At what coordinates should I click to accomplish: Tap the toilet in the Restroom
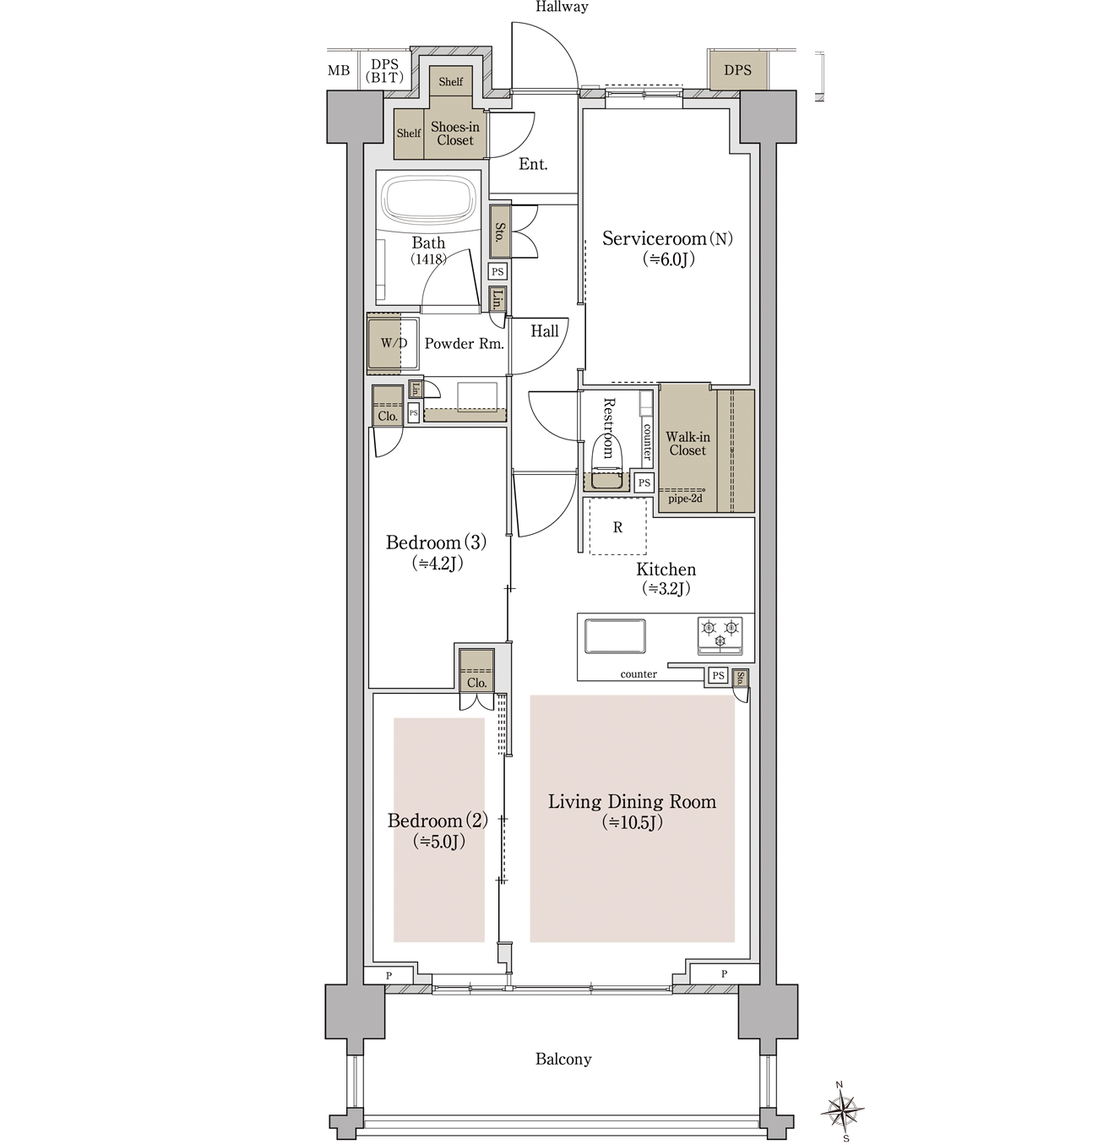pyautogui.click(x=605, y=459)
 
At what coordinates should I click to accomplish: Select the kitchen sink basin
pyautogui.click(x=615, y=635)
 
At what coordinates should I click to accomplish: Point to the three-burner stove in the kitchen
pyautogui.click(x=720, y=635)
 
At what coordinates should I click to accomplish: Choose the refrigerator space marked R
pyautogui.click(x=617, y=526)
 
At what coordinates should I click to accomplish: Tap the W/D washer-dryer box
pyautogui.click(x=393, y=344)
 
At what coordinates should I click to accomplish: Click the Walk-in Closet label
pyautogui.click(x=688, y=444)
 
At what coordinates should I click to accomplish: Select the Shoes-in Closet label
pyautogui.click(x=454, y=134)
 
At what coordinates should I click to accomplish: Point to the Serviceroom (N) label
pyautogui.click(x=667, y=239)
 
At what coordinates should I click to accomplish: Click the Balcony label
pyautogui.click(x=563, y=1059)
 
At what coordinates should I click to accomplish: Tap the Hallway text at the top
pyautogui.click(x=562, y=7)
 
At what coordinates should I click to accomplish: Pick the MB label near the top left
pyautogui.click(x=339, y=71)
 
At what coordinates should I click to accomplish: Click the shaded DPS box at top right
pyautogui.click(x=737, y=71)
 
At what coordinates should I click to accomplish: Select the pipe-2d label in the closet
pyautogui.click(x=685, y=499)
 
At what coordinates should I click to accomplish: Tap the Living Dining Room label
pyautogui.click(x=633, y=801)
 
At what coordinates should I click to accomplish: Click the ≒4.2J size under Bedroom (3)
pyautogui.click(x=438, y=564)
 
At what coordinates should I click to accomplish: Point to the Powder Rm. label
pyautogui.click(x=465, y=344)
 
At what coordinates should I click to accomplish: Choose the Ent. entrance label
pyautogui.click(x=534, y=164)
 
